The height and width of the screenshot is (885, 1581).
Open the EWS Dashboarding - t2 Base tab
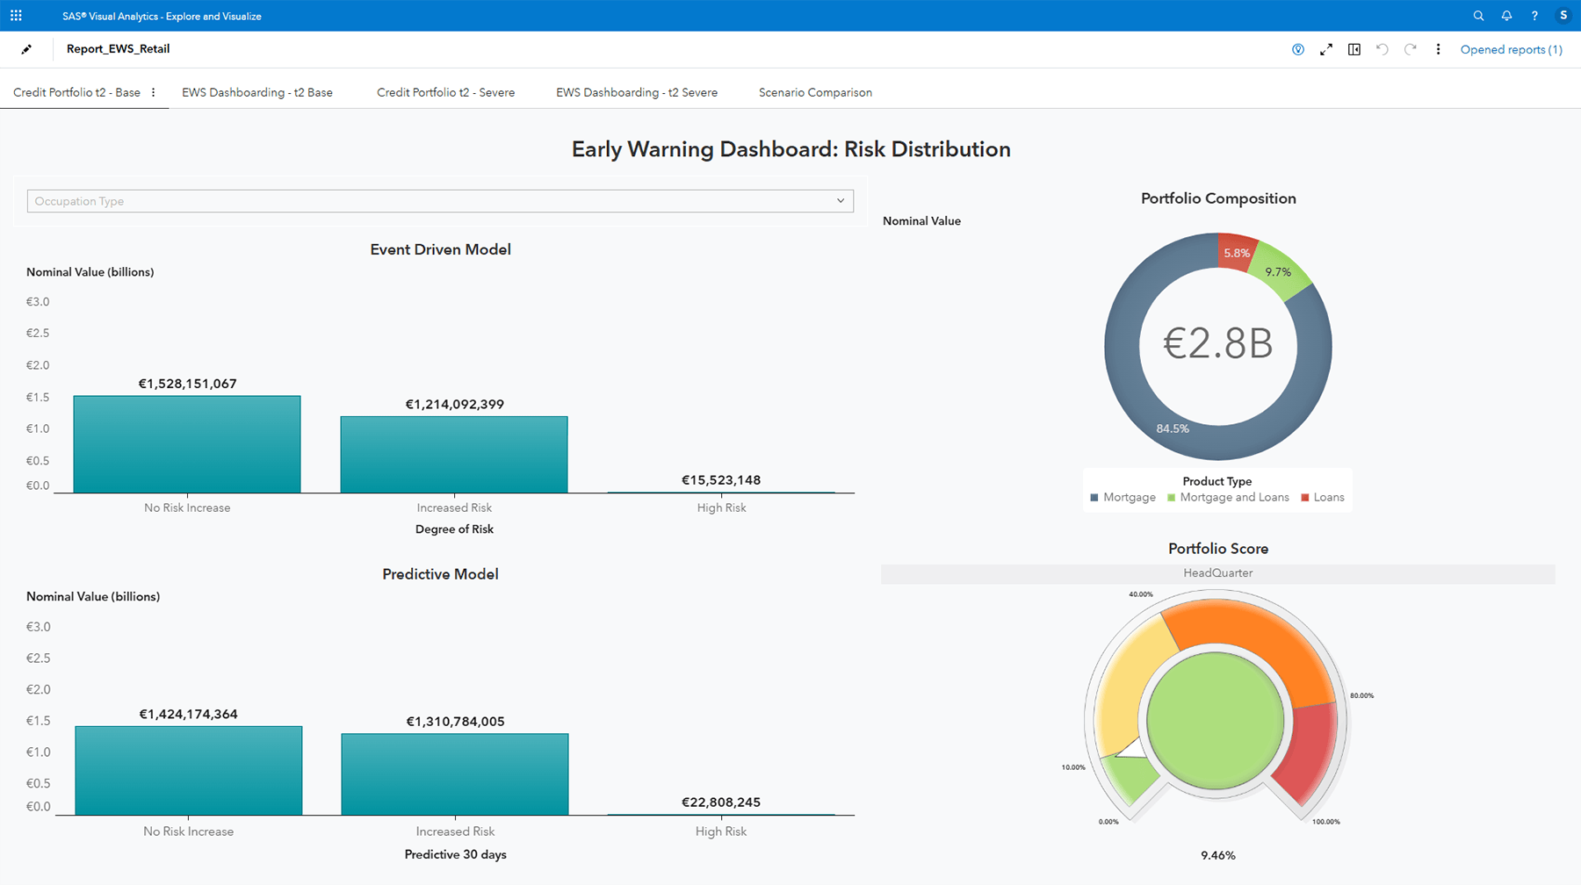tap(256, 92)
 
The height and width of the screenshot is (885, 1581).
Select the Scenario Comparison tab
tap(815, 92)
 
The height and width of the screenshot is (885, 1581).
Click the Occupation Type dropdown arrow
tap(841, 201)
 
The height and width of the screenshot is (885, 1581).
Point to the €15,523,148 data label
tap(721, 480)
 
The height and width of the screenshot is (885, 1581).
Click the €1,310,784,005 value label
tap(455, 722)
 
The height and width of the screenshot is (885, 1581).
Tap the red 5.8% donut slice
tap(1237, 252)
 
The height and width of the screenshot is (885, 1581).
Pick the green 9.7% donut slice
tap(1278, 272)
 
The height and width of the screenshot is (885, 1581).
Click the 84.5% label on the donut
tap(1173, 428)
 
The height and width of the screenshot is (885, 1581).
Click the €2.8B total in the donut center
tap(1217, 344)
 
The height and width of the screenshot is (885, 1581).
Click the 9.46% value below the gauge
tap(1217, 855)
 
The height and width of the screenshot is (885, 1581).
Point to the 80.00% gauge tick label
tap(1361, 695)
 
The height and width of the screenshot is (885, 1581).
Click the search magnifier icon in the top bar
tap(1478, 16)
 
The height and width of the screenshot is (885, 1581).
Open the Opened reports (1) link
tap(1511, 50)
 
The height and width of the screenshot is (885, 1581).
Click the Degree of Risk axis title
tap(454, 529)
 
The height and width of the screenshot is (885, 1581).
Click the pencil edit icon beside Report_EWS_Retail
tap(26, 49)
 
